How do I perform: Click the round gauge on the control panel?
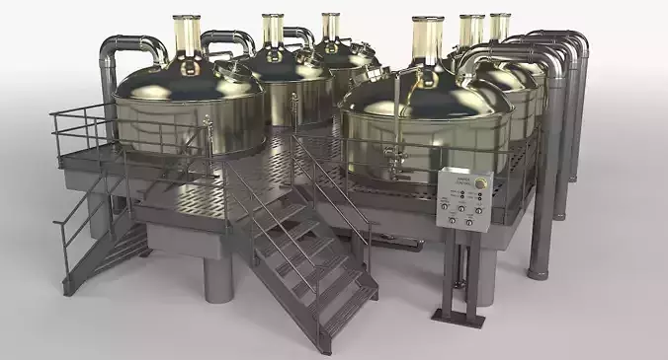coord(481,182)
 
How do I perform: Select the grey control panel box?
coord(463,202)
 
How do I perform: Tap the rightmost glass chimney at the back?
coord(500,28)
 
